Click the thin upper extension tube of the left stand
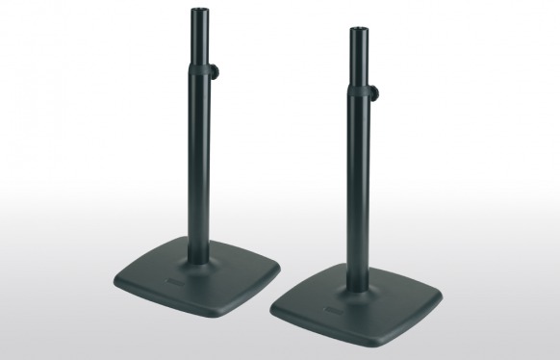203,39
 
